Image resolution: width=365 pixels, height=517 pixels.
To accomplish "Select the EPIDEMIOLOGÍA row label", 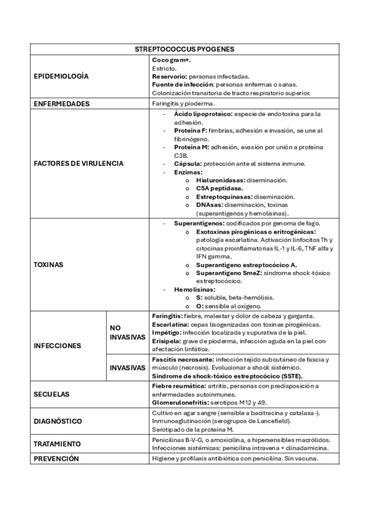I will (x=60, y=76).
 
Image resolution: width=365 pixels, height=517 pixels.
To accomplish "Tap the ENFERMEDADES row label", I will (x=62, y=104).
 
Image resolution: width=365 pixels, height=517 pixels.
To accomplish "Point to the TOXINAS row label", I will (x=49, y=265).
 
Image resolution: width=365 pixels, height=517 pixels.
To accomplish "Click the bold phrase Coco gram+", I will (x=171, y=61).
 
